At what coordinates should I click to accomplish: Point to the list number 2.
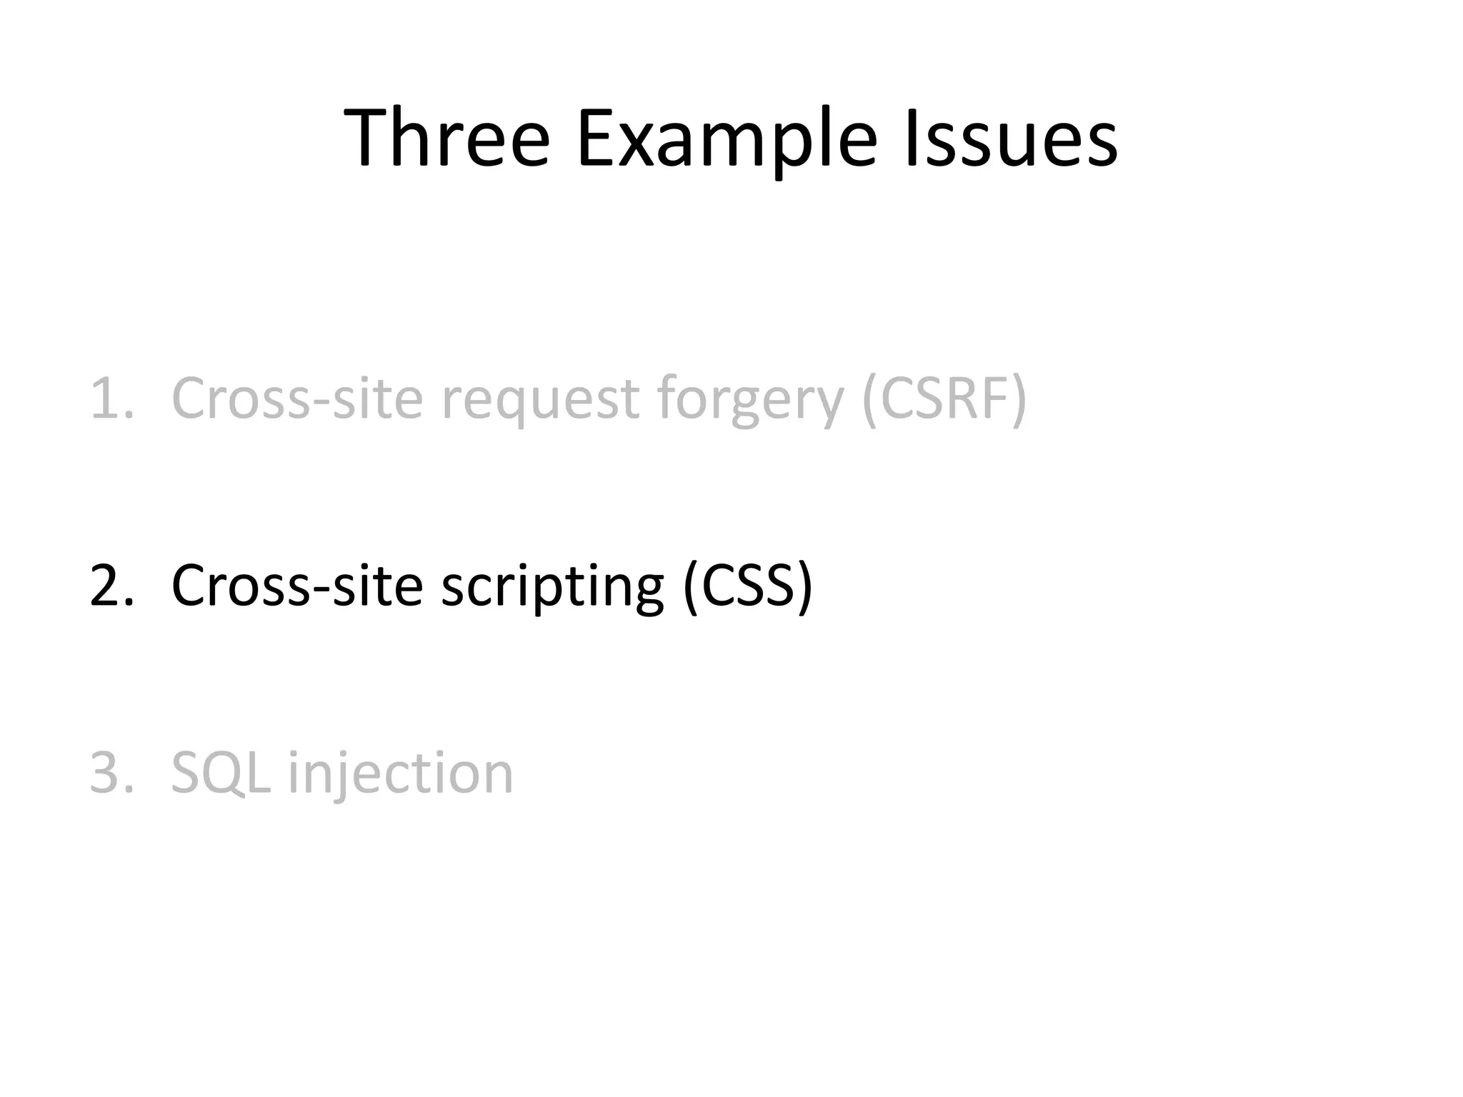[110, 586]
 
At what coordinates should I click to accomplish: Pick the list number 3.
[110, 773]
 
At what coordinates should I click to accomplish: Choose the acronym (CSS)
[747, 586]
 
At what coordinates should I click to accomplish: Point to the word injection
[401, 774]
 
